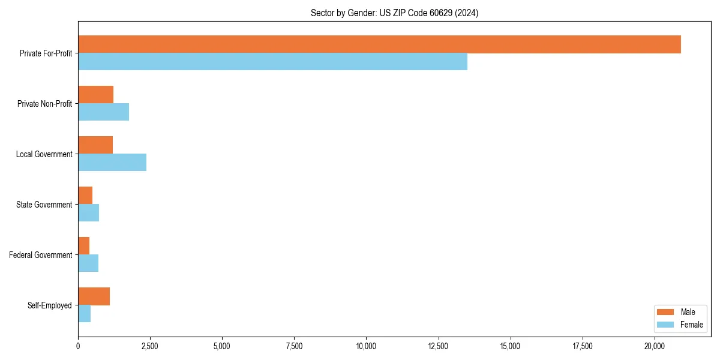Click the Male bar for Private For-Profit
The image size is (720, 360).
pyautogui.click(x=379, y=44)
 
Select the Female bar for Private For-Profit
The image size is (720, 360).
pyautogui.click(x=272, y=61)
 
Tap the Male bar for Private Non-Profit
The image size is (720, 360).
pyautogui.click(x=95, y=95)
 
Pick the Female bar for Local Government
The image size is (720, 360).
pyautogui.click(x=112, y=162)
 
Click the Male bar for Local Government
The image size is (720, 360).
pyautogui.click(x=95, y=145)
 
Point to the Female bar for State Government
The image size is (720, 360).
pyautogui.click(x=88, y=212)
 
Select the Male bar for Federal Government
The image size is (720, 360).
pyautogui.click(x=83, y=246)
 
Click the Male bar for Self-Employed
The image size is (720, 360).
pyautogui.click(x=94, y=296)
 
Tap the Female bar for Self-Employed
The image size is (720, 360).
pyautogui.click(x=84, y=313)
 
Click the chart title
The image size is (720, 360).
pyautogui.click(x=394, y=13)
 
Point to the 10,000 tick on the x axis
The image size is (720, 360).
pyautogui.click(x=366, y=346)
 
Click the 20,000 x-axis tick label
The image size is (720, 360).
pyautogui.click(x=655, y=346)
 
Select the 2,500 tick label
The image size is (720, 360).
pyautogui.click(x=150, y=346)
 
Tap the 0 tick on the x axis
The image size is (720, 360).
pyautogui.click(x=78, y=346)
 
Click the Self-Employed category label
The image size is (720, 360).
pyautogui.click(x=50, y=305)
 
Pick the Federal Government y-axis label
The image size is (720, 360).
pyautogui.click(x=41, y=255)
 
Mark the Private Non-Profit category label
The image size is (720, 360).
pyautogui.click(x=44, y=104)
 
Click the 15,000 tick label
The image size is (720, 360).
pyautogui.click(x=511, y=346)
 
